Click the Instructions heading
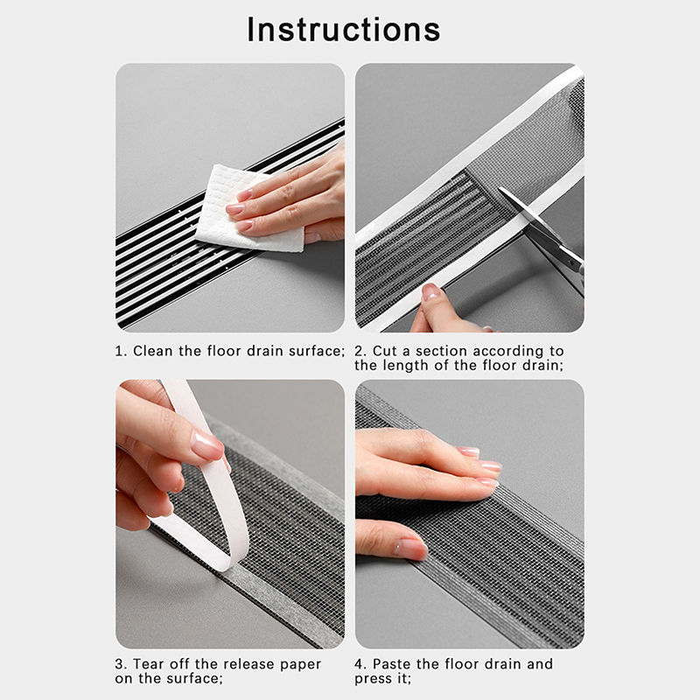tap(344, 30)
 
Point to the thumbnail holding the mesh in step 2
tap(430, 291)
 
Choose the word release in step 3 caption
tap(249, 664)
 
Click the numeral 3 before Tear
tap(119, 664)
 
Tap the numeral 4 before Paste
tap(359, 664)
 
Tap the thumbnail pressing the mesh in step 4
tap(409, 549)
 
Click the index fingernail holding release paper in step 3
tap(206, 445)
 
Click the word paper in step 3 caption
tap(300, 665)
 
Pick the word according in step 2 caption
tap(507, 352)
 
